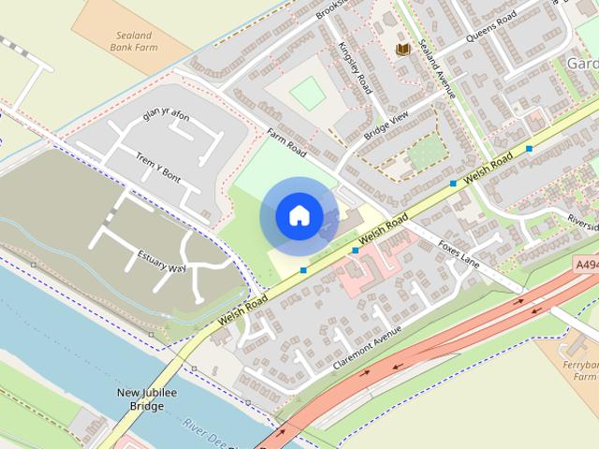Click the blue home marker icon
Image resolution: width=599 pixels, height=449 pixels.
(x=299, y=215)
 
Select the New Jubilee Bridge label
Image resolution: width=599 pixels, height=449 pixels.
(x=146, y=399)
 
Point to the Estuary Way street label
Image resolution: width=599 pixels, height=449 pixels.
(x=162, y=261)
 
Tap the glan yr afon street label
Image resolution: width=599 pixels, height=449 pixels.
(x=166, y=117)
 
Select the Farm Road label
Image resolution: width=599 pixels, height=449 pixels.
(x=286, y=142)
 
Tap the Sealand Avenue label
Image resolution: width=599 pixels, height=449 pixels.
(x=436, y=69)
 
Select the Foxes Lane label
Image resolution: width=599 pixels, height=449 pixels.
(x=459, y=253)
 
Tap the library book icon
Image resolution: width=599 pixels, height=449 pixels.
(x=403, y=49)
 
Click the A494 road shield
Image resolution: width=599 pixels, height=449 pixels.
(x=586, y=266)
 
